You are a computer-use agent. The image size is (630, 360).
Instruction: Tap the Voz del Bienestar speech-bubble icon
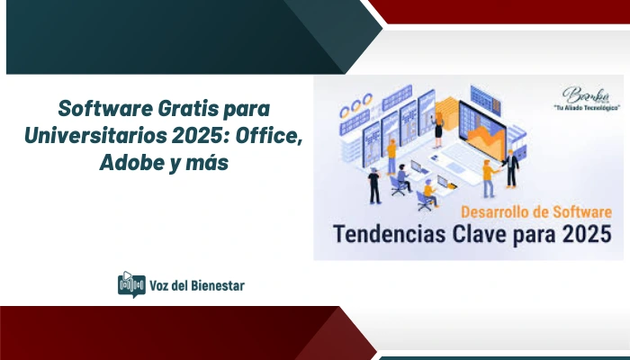tap(131, 284)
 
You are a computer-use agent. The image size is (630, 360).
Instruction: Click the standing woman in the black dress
tap(438, 134)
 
